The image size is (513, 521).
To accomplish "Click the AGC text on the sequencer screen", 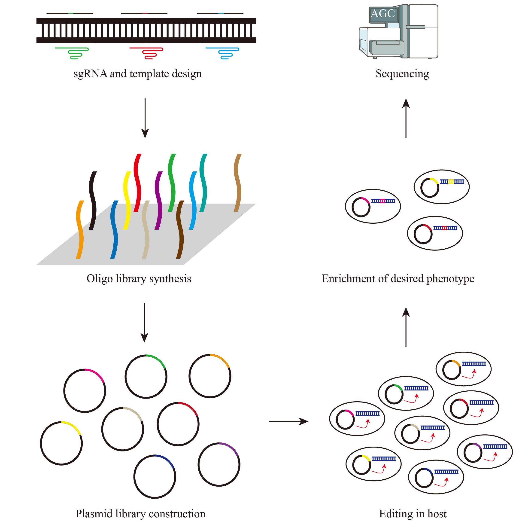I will click(382, 13).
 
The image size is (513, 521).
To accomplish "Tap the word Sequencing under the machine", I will click(402, 73).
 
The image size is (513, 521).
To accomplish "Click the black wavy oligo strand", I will click(93, 201).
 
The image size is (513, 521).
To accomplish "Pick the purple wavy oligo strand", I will click(159, 201).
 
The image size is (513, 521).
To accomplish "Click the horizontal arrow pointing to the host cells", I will click(288, 421).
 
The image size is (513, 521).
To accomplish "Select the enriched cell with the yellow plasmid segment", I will click(441, 186).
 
